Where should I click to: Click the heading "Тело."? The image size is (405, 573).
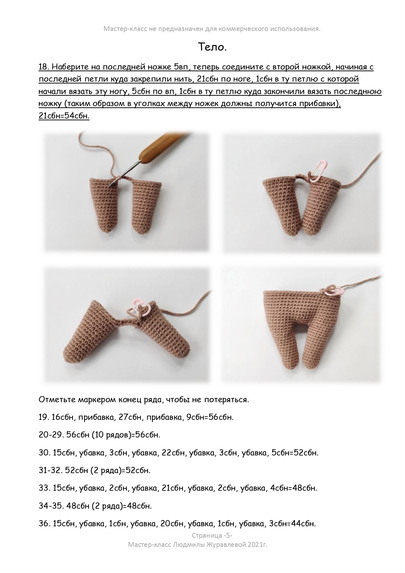[212, 47]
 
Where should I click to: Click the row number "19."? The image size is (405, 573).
[44, 417]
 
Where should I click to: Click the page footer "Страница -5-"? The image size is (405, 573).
[212, 535]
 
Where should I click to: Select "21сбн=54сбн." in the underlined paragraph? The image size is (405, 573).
[64, 116]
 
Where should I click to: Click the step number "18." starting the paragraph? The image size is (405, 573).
[44, 67]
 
